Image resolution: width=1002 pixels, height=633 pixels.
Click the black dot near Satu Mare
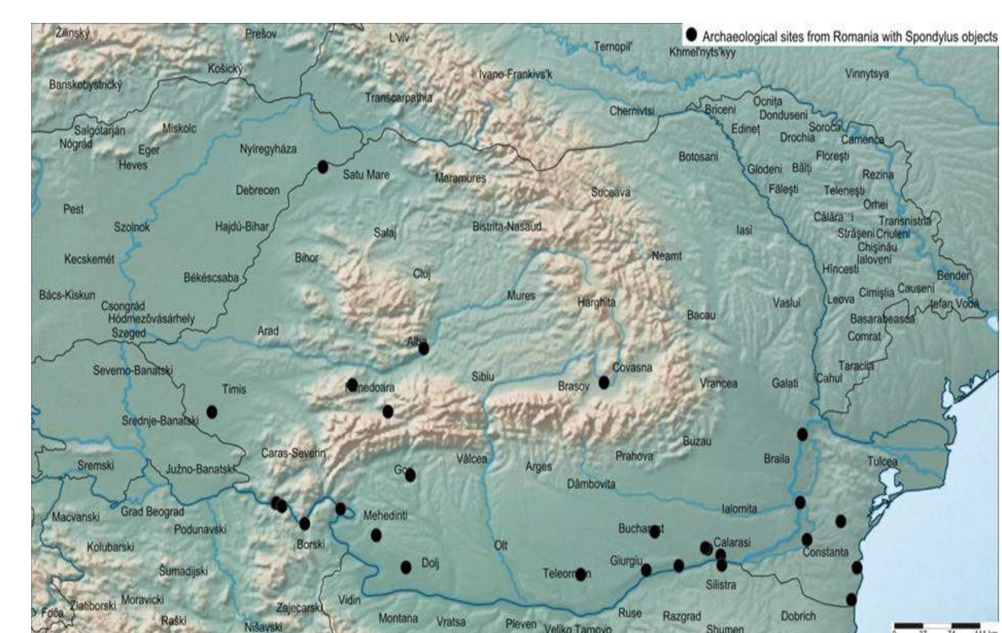click(323, 167)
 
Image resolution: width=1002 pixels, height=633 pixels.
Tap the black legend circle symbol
click(692, 35)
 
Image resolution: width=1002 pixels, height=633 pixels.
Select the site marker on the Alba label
click(423, 349)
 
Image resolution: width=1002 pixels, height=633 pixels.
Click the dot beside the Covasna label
click(603, 382)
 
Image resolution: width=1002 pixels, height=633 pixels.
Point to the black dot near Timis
click(211, 412)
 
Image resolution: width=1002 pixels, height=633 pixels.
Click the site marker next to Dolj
click(406, 567)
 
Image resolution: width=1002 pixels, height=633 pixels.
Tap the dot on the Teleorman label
click(580, 574)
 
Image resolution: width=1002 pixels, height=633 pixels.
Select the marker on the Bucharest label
click(655, 532)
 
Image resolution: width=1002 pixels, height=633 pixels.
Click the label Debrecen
click(258, 191)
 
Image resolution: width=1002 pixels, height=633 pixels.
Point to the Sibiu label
click(482, 377)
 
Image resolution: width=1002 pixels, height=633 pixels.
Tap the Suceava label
click(611, 193)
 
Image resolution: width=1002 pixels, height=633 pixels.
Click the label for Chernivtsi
click(632, 111)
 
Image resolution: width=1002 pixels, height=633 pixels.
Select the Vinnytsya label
click(867, 74)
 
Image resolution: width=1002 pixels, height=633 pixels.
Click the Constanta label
click(825, 552)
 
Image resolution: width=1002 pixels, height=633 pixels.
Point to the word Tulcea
click(882, 462)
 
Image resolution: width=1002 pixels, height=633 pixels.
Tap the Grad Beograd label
click(152, 512)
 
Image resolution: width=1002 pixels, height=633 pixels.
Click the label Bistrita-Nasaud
click(506, 227)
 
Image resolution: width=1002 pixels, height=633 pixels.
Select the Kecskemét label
click(89, 260)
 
